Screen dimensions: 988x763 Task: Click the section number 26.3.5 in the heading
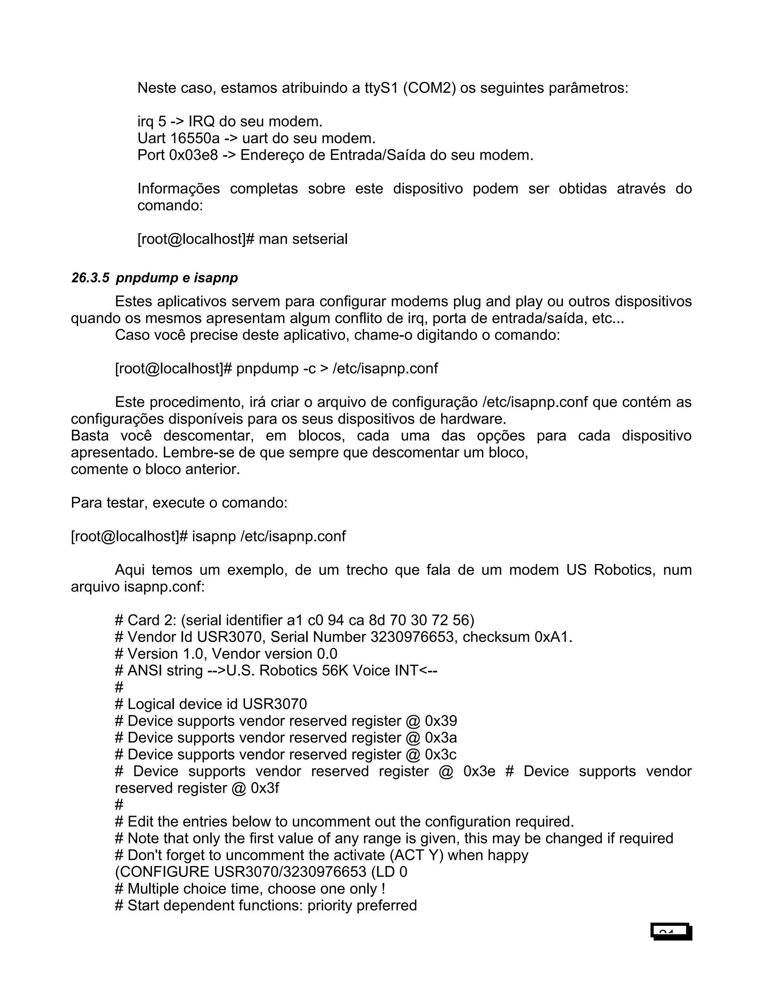coord(90,278)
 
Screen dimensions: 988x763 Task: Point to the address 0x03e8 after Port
coord(193,155)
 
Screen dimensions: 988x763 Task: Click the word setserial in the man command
coord(320,239)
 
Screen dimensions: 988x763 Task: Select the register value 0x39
coord(441,721)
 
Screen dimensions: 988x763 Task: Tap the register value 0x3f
coord(265,788)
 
